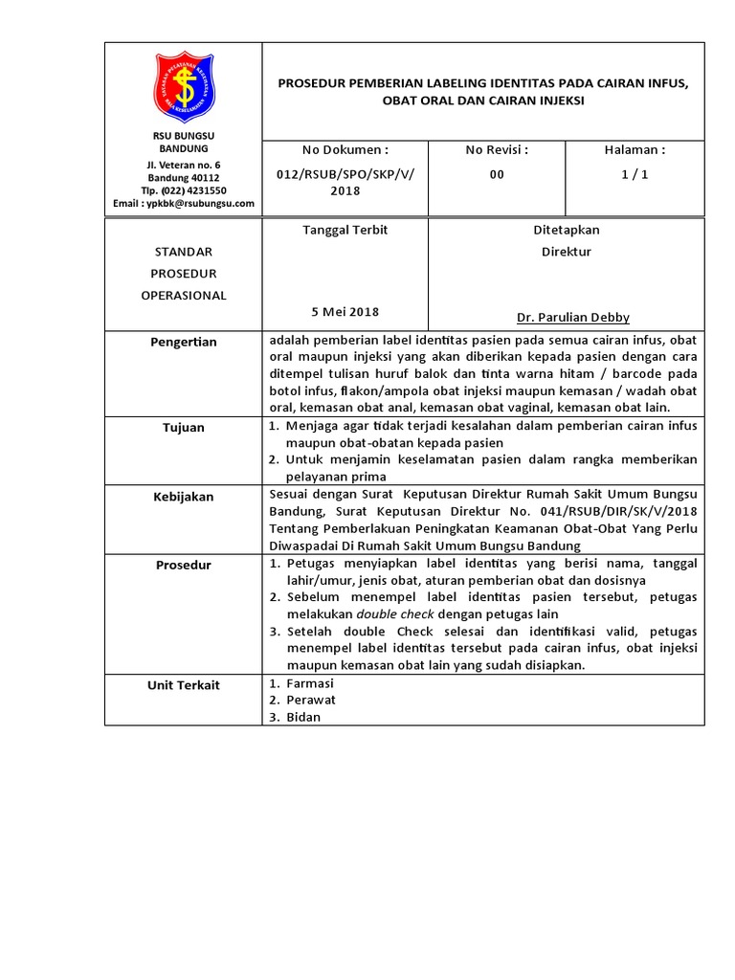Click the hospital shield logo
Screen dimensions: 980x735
tap(184, 87)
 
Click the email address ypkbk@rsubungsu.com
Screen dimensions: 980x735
tap(184, 203)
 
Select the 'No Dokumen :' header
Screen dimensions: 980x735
tap(345, 150)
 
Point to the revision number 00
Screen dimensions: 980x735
tap(497, 174)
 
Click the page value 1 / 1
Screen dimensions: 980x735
tap(634, 174)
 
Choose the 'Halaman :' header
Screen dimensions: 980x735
tap(634, 150)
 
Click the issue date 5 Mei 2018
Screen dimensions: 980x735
tap(345, 312)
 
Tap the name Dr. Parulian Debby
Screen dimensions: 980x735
tap(572, 318)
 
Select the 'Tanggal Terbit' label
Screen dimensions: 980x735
tap(345, 231)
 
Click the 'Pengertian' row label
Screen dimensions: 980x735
tap(183, 342)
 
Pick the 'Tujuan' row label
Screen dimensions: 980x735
tap(183, 428)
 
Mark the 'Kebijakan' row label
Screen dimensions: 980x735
tap(183, 497)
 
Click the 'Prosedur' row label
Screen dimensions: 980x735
tap(183, 565)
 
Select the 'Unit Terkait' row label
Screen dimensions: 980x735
tap(183, 685)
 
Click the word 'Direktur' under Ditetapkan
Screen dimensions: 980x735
tap(567, 253)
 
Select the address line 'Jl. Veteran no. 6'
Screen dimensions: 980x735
tap(184, 166)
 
